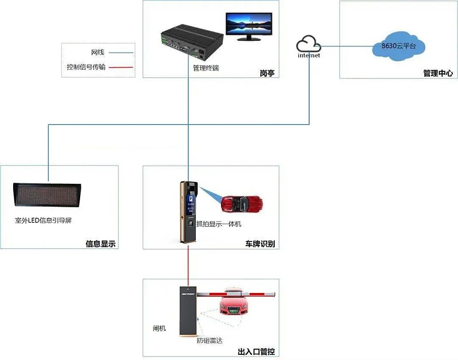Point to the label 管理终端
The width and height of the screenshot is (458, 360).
point(206,68)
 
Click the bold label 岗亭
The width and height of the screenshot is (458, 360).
point(267,73)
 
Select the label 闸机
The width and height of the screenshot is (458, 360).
point(159,329)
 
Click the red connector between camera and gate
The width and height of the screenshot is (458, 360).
point(188,263)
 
